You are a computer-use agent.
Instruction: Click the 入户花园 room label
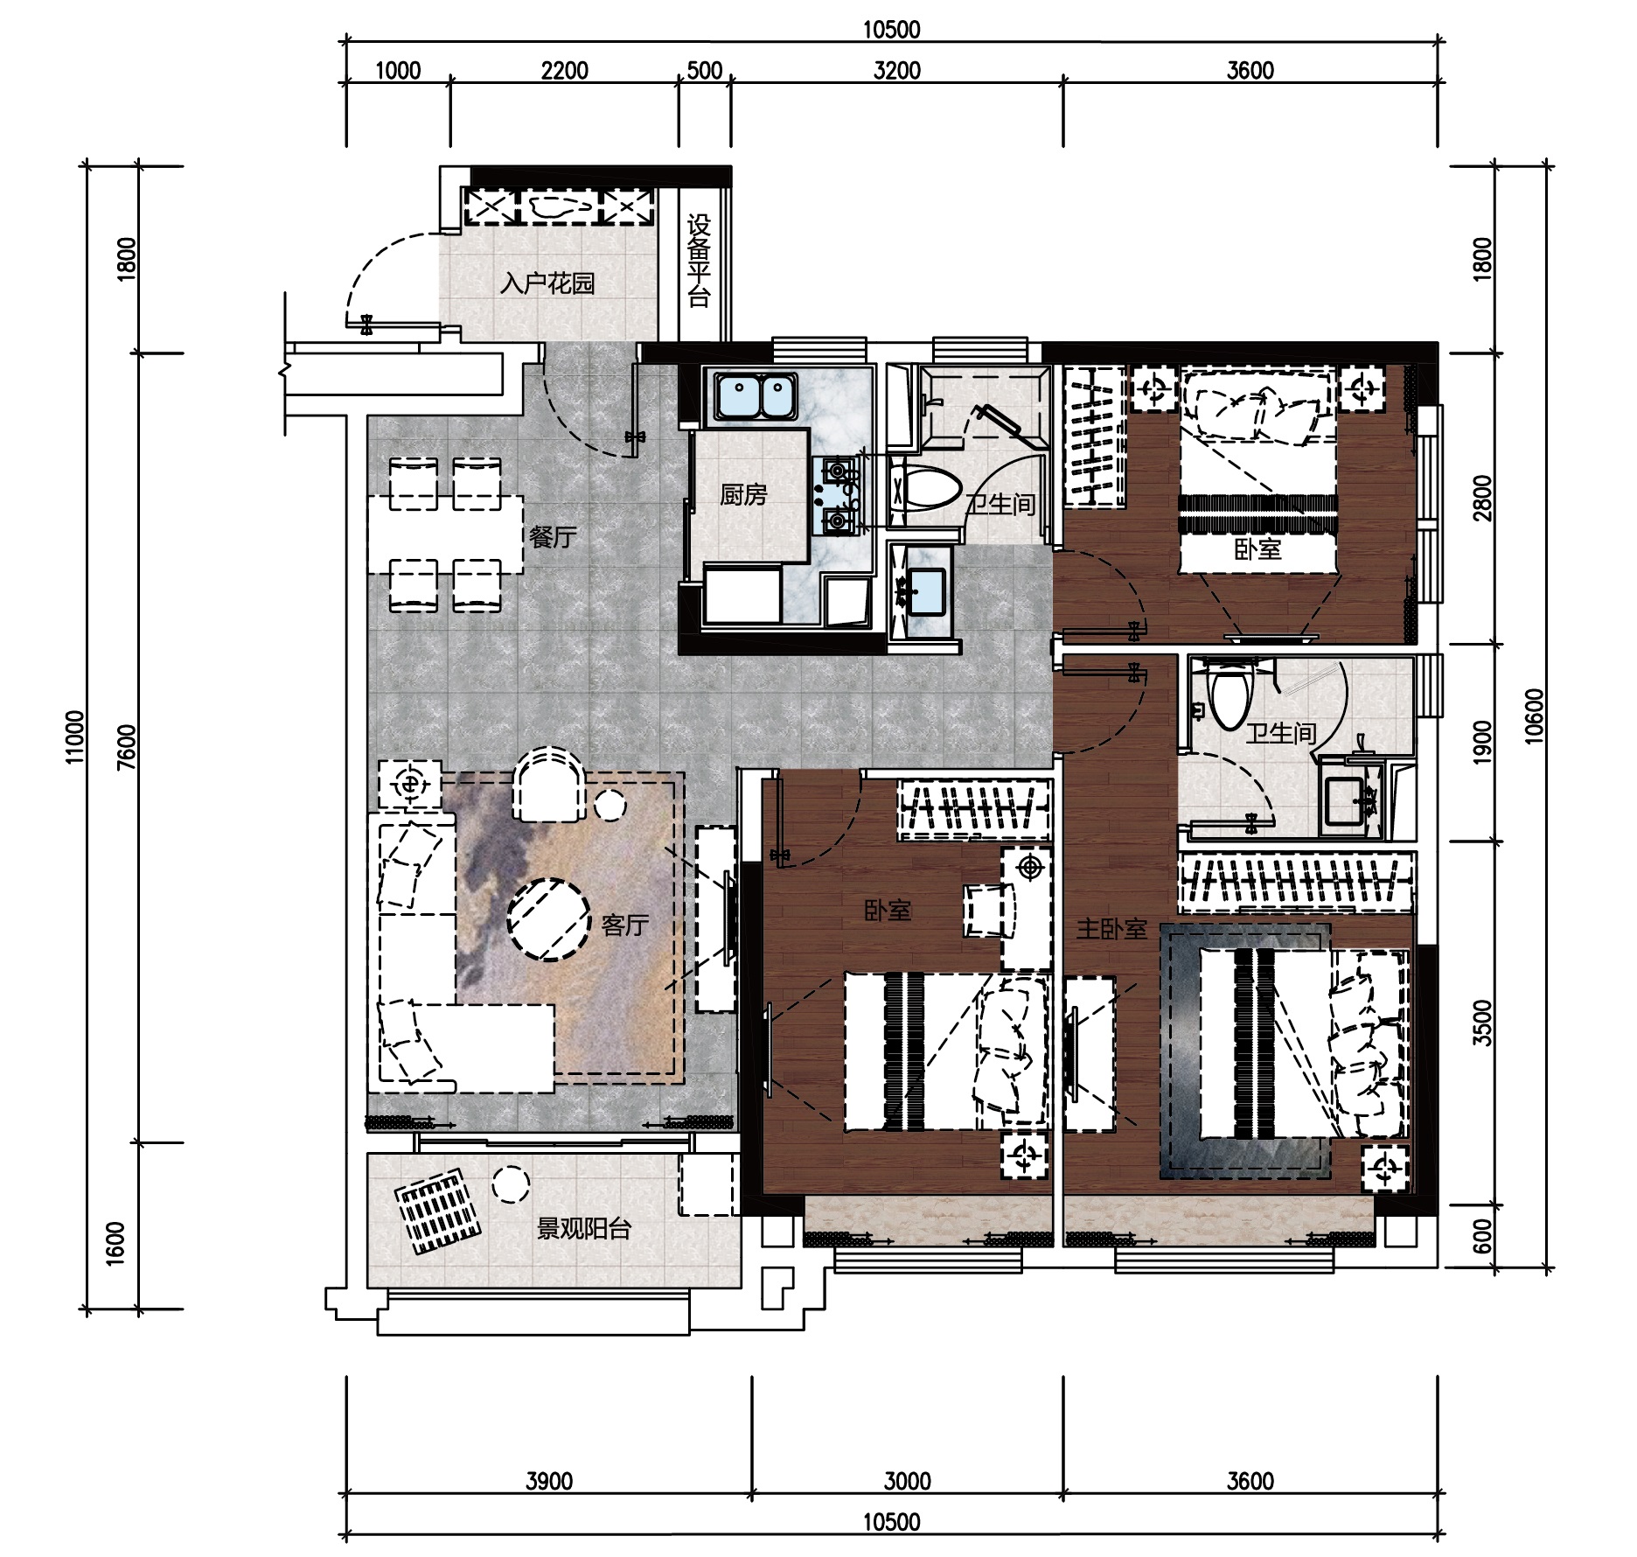[547, 283]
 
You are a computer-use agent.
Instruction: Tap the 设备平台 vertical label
[699, 261]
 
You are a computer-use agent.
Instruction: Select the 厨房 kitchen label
[743, 495]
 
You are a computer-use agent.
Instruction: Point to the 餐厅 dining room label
[553, 536]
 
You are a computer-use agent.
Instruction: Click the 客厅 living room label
[624, 925]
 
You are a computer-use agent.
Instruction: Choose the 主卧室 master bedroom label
[1111, 928]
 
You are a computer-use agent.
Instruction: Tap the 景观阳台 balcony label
[583, 1229]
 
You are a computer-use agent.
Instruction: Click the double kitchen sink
[756, 396]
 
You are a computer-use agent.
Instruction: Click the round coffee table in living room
[548, 919]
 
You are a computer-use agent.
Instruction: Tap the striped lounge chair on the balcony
[437, 1211]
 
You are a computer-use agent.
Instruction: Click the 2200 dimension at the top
[564, 70]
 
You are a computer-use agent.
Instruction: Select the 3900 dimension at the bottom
[549, 1481]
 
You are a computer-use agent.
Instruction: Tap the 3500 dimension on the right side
[1482, 1023]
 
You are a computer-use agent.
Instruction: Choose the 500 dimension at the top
[705, 70]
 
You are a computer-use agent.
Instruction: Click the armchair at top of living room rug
[549, 784]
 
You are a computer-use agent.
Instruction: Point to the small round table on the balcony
[511, 1185]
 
